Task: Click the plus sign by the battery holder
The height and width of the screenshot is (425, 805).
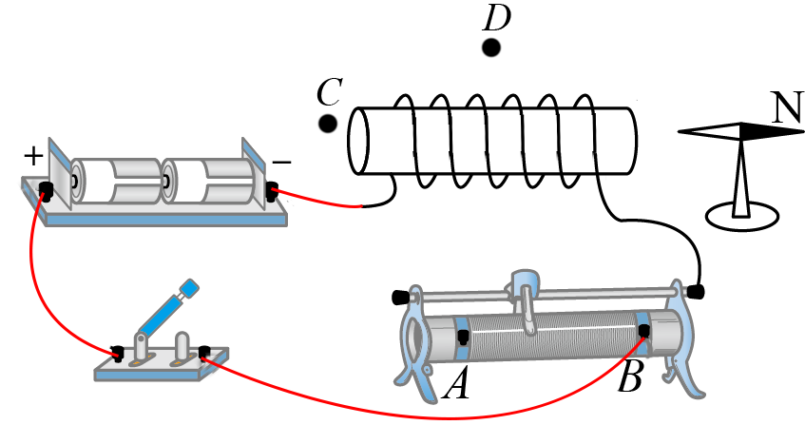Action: pyautogui.click(x=33, y=153)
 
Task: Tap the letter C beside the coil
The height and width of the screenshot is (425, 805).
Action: pyautogui.click(x=329, y=93)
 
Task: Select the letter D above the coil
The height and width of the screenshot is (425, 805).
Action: pyautogui.click(x=496, y=16)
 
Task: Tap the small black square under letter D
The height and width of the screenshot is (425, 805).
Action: pyautogui.click(x=491, y=48)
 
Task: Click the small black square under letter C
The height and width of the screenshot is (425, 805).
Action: pyautogui.click(x=328, y=124)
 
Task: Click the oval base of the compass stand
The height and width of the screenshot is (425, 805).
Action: pyautogui.click(x=742, y=211)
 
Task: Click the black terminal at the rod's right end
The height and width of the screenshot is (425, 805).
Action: pyautogui.click(x=697, y=290)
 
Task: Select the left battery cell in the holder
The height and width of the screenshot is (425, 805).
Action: pyautogui.click(x=118, y=180)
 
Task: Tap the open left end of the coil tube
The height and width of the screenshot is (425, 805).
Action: pyautogui.click(x=358, y=143)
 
